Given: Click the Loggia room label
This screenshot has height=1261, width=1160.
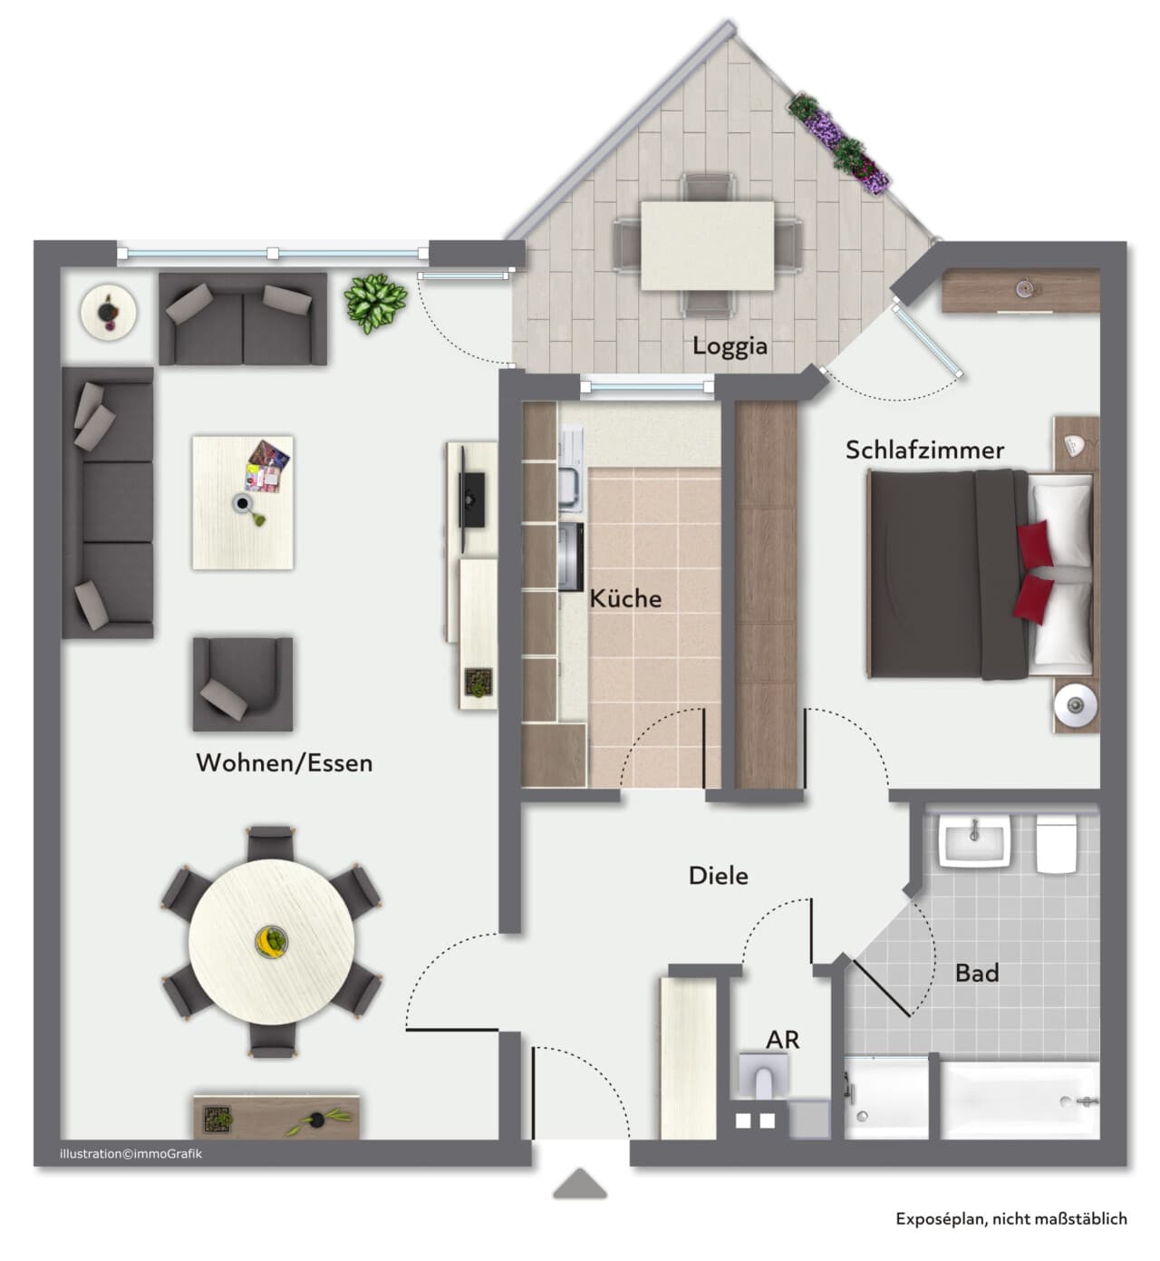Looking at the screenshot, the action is pos(730,346).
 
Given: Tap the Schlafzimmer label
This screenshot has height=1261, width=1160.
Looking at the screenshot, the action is pos(924,450).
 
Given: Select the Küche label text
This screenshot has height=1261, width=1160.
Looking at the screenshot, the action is pos(625,598).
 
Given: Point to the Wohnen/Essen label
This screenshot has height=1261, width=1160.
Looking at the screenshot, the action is pos(284,763).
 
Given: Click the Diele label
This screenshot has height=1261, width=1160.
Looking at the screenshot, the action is pos(719,876).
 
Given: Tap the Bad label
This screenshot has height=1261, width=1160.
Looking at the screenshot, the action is pos(977,973).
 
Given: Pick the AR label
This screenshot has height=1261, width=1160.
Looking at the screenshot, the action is pos(782,1040).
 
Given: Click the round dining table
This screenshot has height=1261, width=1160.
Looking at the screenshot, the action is pos(272,942).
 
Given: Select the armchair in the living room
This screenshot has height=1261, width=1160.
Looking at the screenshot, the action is pos(243,684).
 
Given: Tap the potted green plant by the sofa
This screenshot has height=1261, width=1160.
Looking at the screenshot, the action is pos(375,303).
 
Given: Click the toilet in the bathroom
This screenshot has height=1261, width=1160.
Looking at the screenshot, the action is pos(1057,844).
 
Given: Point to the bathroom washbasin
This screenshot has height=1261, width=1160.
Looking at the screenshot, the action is pos(974,840).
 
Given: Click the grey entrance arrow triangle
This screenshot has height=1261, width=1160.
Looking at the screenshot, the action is pos(580,1184).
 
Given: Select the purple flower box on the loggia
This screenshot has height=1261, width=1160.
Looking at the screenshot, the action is pos(839,142).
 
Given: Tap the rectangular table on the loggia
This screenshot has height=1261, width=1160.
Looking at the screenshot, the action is pos(707,246).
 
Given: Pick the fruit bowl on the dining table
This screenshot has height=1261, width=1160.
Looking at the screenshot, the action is pos(272,942).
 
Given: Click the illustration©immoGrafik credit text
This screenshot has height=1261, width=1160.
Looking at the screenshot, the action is pos(130,1153).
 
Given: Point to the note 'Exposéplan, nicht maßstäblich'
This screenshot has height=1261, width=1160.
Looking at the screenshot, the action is pos(1011,1219).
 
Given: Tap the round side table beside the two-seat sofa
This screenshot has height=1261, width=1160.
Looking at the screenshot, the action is pos(108,312).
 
